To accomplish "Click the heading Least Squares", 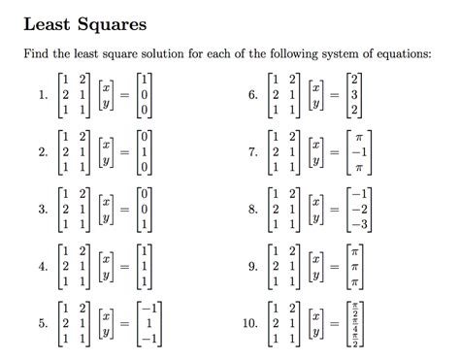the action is tap(84, 22).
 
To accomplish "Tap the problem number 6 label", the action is tap(252, 96).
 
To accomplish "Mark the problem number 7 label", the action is tap(252, 152).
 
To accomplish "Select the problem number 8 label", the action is tap(252, 209).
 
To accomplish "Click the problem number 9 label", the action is tap(252, 265).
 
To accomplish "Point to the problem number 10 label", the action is tap(249, 321).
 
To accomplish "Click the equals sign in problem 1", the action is tap(124, 96).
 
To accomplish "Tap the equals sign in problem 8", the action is tap(336, 209).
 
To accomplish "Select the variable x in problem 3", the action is tap(103, 201).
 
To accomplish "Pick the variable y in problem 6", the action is tap(314, 104).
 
